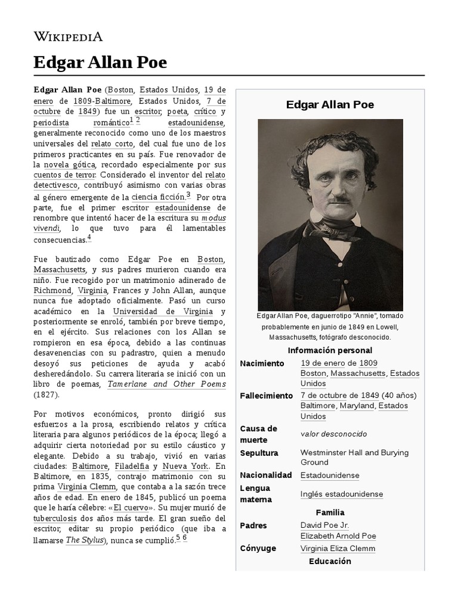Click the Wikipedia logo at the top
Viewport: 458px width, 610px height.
click(68, 36)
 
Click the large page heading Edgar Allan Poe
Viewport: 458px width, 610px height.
click(100, 63)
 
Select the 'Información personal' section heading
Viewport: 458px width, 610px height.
click(330, 350)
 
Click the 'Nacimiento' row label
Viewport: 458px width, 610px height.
click(262, 363)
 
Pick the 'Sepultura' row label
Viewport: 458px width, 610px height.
click(259, 453)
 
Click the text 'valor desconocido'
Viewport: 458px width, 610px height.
click(333, 434)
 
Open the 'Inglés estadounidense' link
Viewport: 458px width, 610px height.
click(342, 494)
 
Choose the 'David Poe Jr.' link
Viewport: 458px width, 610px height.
click(325, 525)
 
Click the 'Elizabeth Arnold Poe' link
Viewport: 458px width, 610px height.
click(338, 536)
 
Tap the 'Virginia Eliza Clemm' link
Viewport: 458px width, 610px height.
click(338, 549)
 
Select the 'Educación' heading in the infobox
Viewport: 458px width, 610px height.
click(330, 561)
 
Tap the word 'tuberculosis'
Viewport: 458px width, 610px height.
click(59, 518)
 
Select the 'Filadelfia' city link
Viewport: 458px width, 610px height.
click(130, 466)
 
